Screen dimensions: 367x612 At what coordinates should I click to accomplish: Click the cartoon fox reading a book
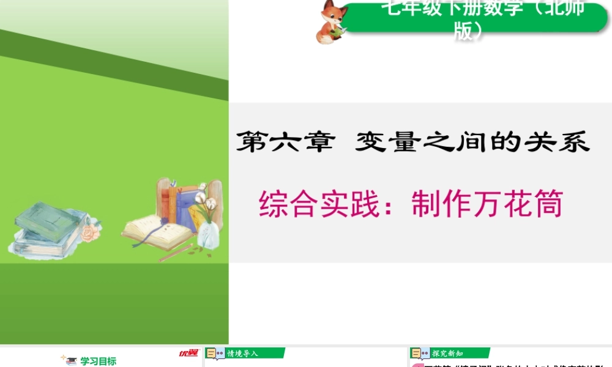331,23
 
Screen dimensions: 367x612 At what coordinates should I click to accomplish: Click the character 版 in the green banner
464,31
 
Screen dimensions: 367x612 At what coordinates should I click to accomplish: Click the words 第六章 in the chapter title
286,142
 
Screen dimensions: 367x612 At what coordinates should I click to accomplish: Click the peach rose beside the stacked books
92,232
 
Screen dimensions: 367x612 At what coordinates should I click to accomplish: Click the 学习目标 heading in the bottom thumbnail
98,361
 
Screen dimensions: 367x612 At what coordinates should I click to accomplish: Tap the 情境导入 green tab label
243,353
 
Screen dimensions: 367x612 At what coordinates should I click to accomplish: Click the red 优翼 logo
188,353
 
